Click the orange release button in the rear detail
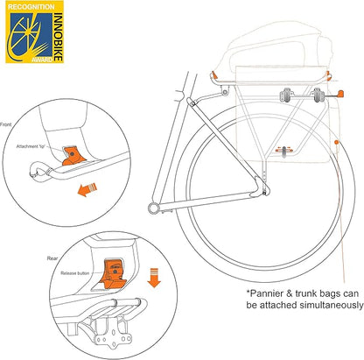click(114, 274)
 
